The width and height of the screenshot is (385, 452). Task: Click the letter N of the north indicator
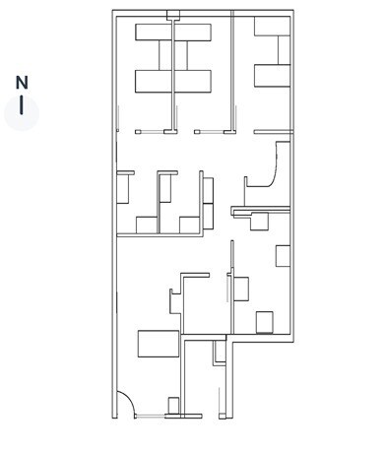pos(22,83)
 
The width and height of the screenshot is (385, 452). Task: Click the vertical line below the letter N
pos(22,105)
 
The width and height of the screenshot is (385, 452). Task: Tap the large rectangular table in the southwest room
pos(158,344)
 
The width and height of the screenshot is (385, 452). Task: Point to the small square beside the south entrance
pos(173,405)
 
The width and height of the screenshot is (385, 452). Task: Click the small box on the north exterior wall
pos(173,14)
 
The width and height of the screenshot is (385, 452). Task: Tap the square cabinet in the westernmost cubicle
pos(146,225)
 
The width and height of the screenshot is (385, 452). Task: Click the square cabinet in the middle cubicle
pos(190,225)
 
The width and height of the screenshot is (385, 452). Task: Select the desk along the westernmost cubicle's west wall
pos(124,187)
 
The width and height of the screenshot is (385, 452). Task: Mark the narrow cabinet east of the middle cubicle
pos(207,188)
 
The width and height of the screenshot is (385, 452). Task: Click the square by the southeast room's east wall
pos(283,256)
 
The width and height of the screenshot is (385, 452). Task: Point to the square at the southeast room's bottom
pos(264,322)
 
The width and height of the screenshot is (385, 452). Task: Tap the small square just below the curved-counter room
pos(259,222)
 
